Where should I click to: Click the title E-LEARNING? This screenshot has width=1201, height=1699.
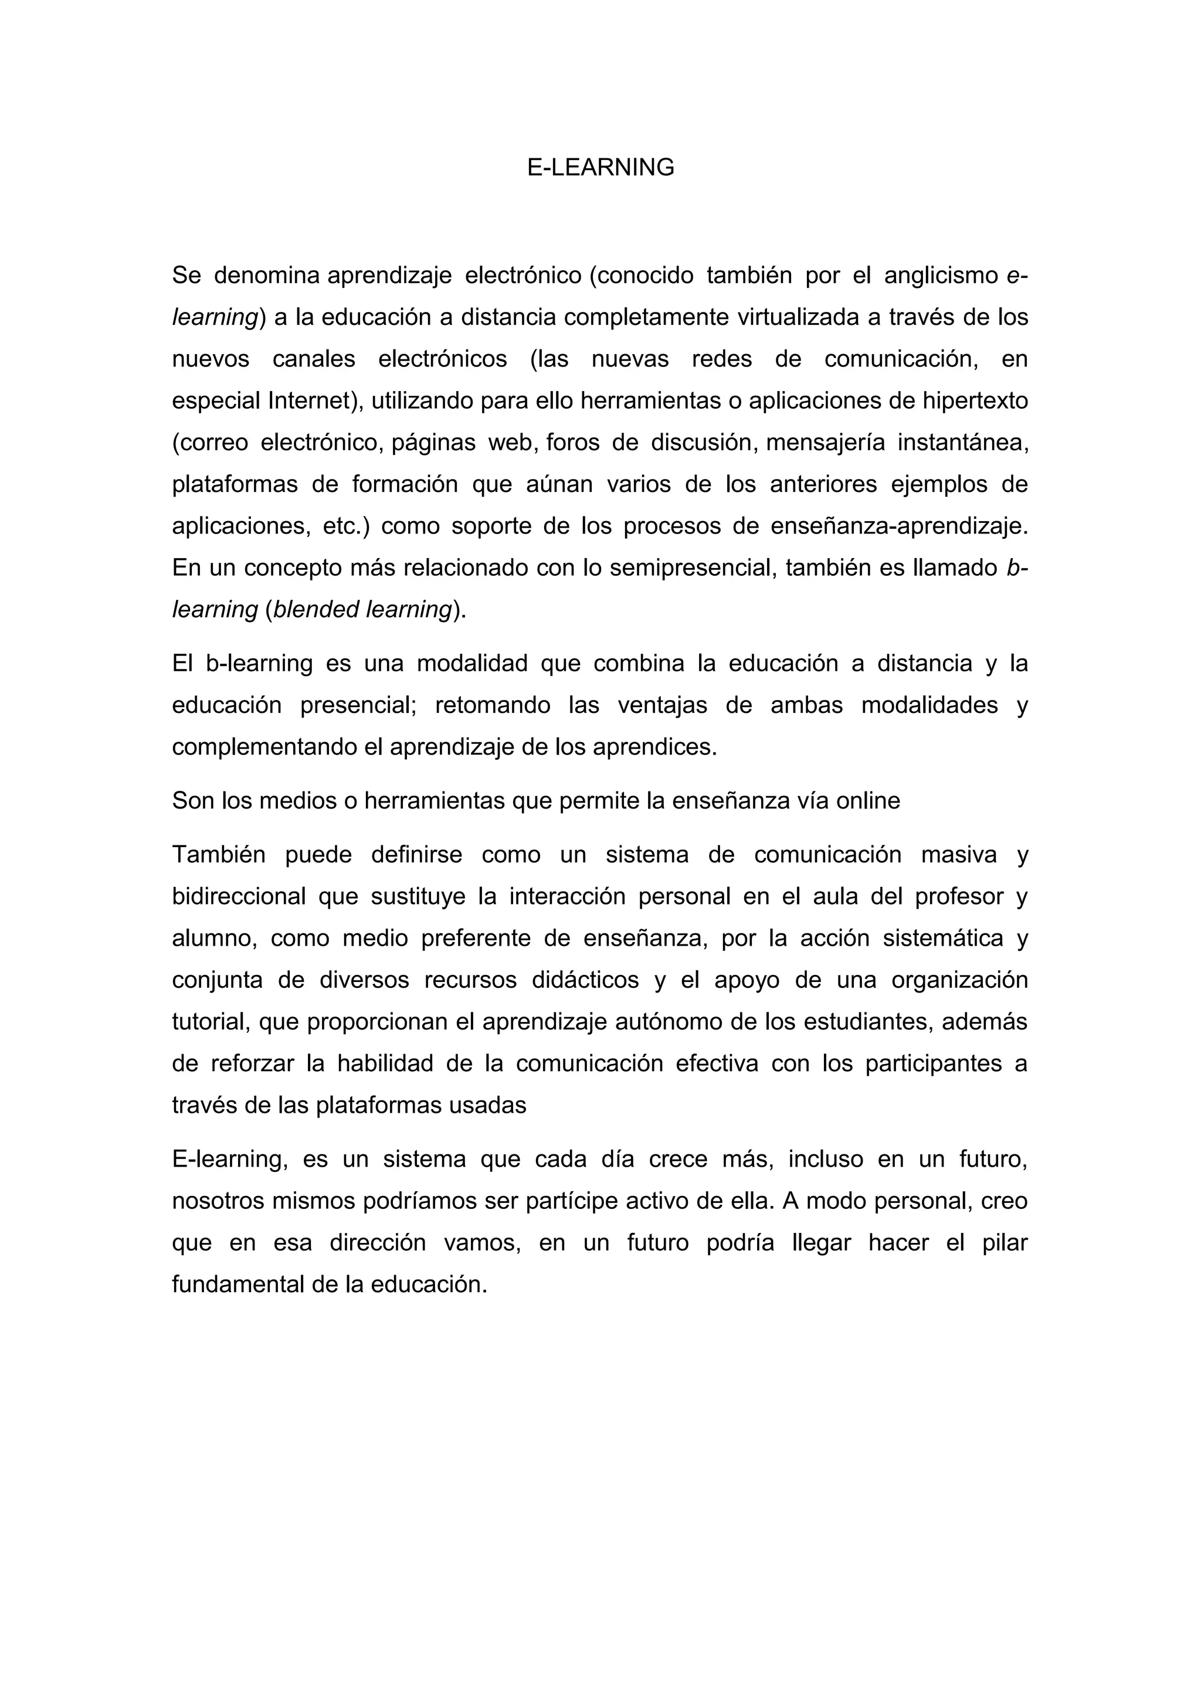(600, 168)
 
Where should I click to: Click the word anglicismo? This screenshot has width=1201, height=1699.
(941, 276)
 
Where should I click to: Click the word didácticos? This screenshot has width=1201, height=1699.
(585, 980)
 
